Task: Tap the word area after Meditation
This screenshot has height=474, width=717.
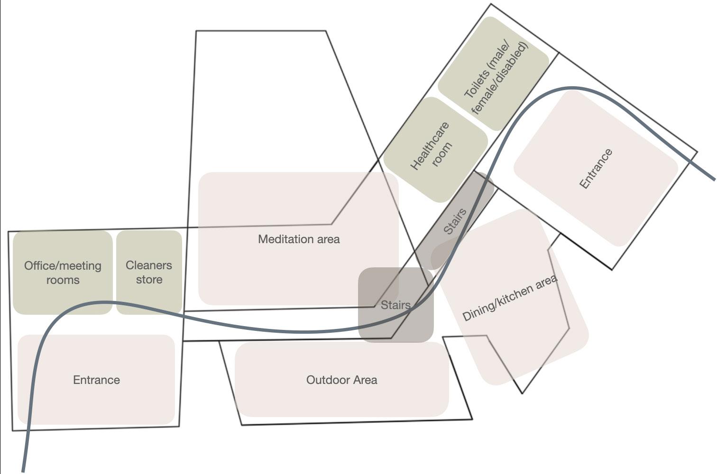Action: tap(328, 239)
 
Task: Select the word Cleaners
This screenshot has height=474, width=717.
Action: tap(148, 265)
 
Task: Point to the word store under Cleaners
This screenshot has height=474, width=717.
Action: tap(149, 280)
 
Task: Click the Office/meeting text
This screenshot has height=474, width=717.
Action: tap(63, 266)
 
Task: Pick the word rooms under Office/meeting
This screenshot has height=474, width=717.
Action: tap(63, 280)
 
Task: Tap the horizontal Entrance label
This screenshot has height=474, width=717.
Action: tap(96, 380)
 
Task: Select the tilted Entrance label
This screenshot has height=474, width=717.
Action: tap(596, 169)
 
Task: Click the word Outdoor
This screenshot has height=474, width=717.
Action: tap(324, 380)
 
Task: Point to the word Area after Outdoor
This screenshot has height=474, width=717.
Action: tap(365, 380)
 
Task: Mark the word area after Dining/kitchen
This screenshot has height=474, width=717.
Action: tap(546, 283)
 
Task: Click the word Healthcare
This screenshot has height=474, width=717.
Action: tap(429, 146)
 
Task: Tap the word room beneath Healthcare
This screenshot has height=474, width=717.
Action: tap(442, 154)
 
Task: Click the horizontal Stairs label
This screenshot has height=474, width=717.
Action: tap(395, 305)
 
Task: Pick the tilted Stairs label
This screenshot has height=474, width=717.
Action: tap(455, 221)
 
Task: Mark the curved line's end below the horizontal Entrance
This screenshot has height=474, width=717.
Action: tap(23, 470)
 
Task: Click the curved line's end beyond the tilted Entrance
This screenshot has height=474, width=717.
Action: tap(713, 179)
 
